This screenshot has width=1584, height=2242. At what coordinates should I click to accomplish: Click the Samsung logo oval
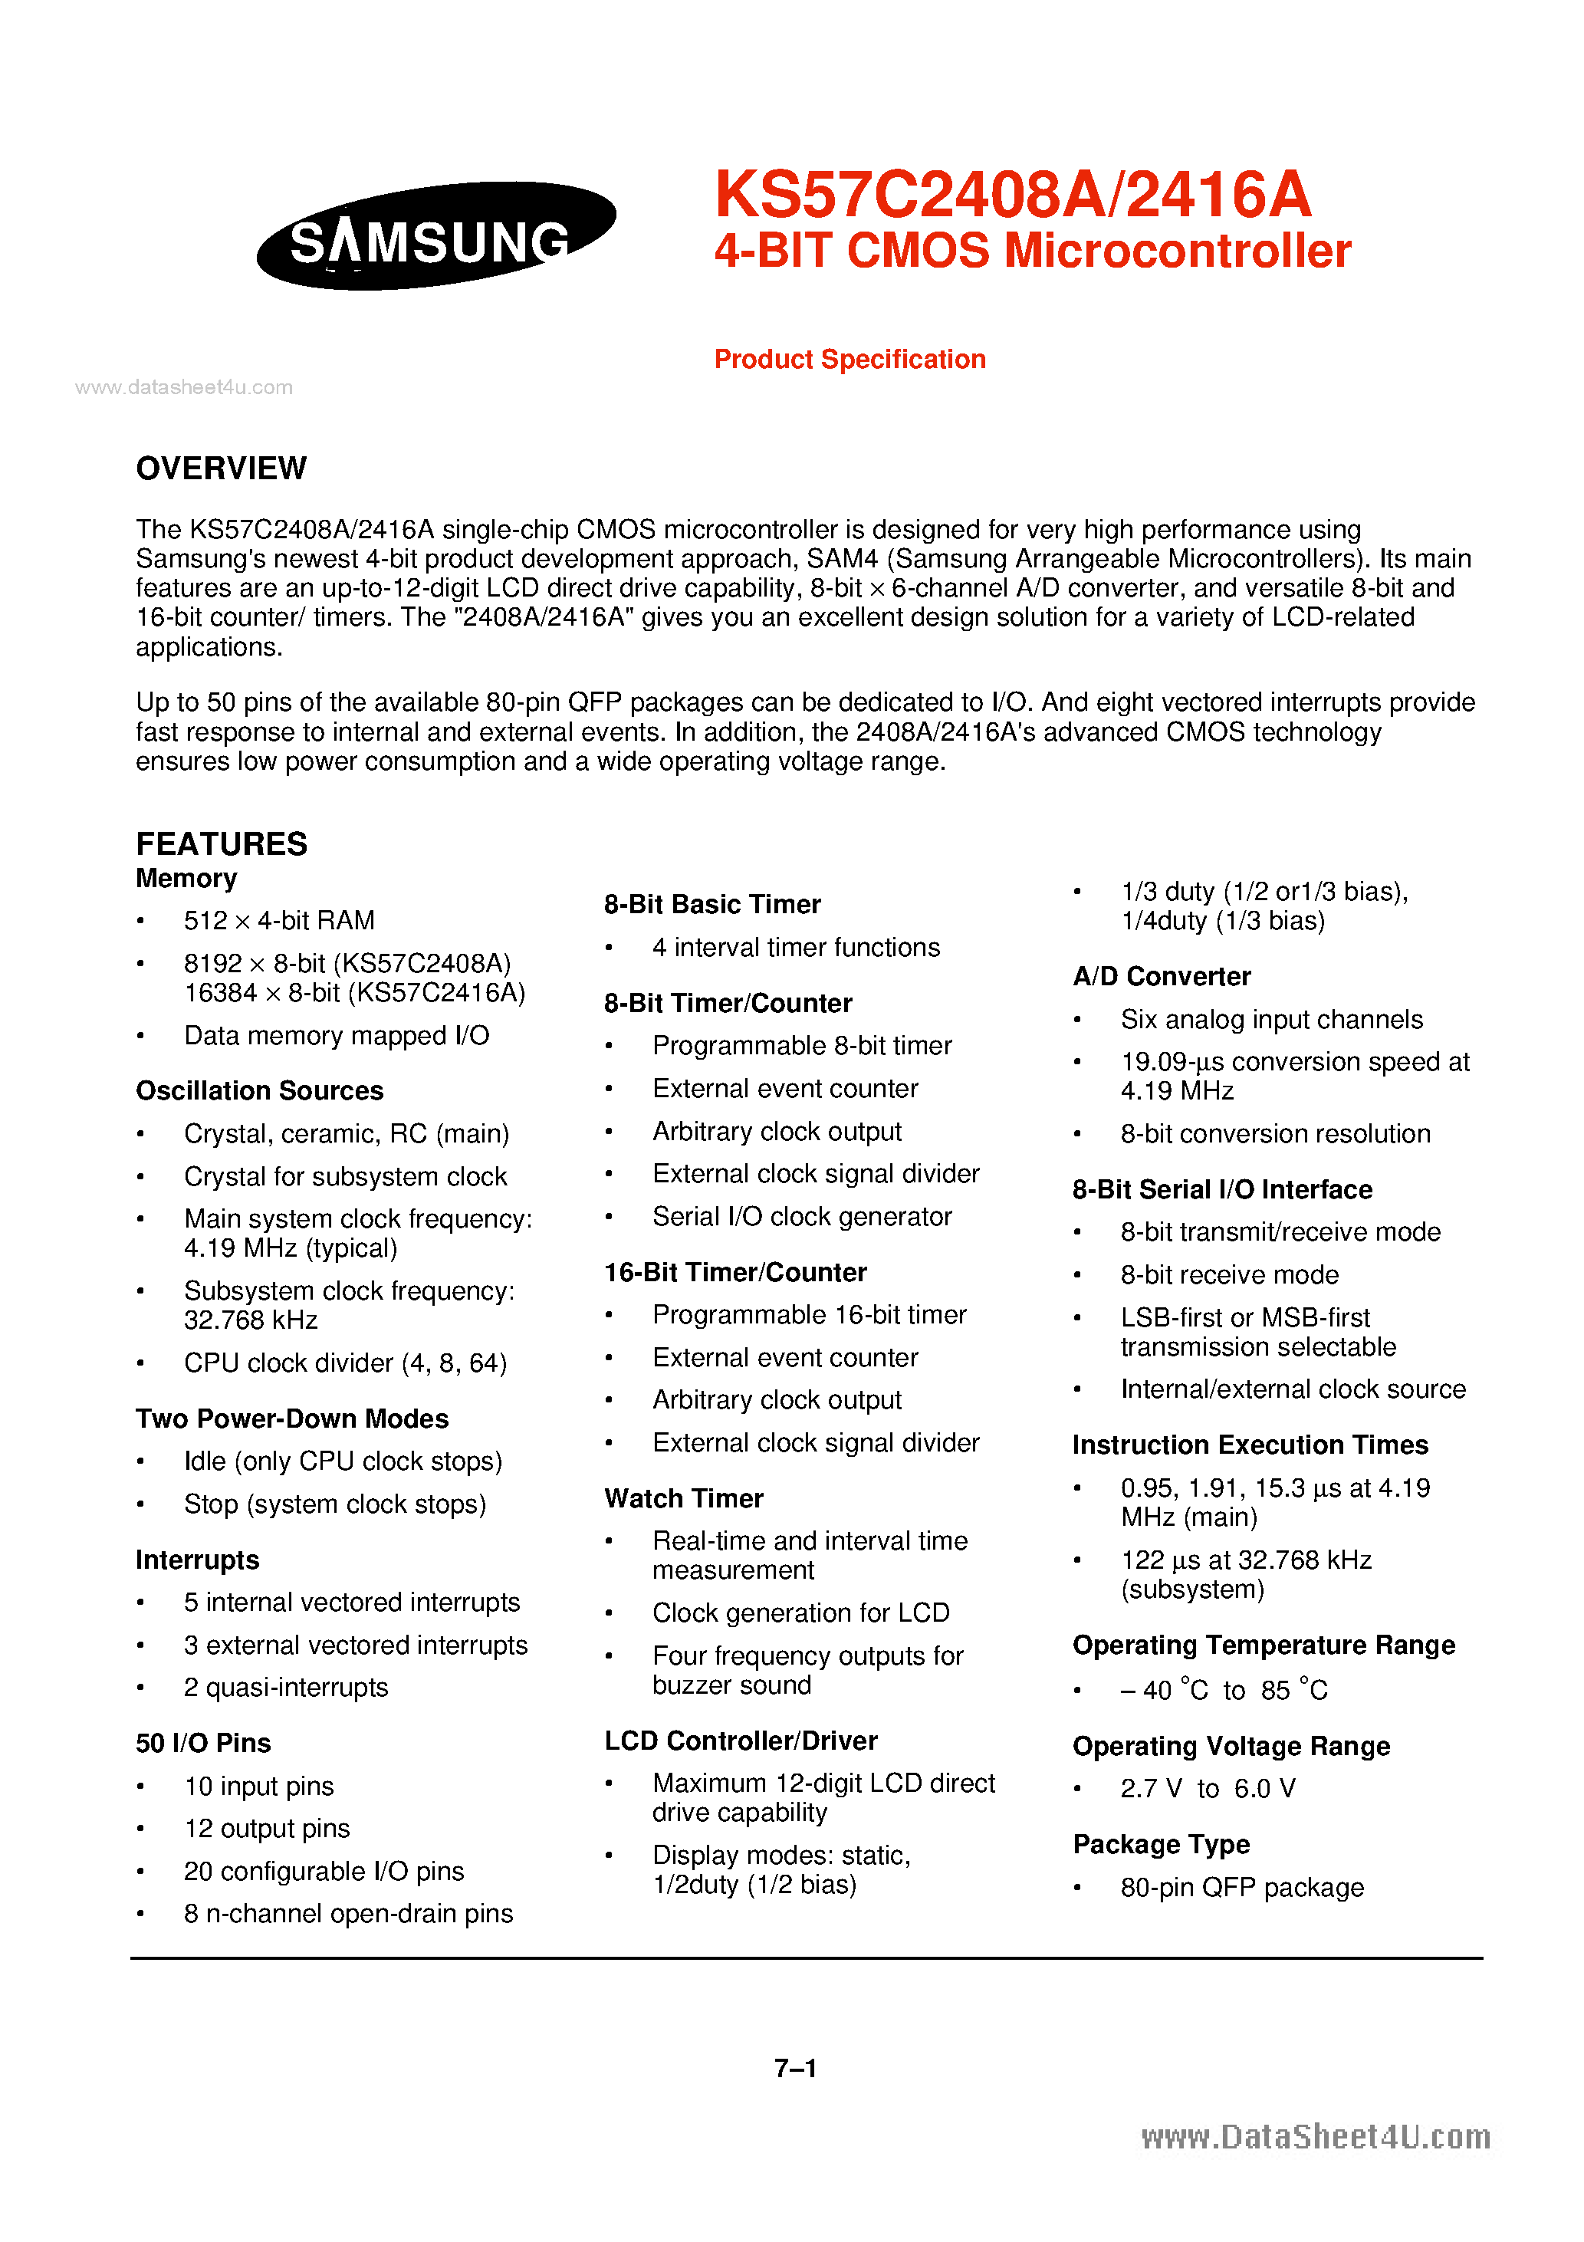click(435, 236)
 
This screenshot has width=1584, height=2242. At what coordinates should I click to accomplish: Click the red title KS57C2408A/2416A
click(1012, 194)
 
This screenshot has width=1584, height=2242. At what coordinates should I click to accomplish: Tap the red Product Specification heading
click(849, 360)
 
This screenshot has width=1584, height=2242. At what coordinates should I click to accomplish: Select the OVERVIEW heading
click(221, 468)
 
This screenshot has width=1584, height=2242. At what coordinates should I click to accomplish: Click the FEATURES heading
click(221, 843)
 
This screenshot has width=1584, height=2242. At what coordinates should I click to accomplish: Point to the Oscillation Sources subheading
click(259, 1091)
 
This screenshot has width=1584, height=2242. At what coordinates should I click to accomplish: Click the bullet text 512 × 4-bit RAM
click(278, 921)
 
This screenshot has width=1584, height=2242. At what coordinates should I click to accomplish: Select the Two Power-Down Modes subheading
click(291, 1419)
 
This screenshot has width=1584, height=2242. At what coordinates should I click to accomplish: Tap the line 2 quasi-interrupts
click(285, 1688)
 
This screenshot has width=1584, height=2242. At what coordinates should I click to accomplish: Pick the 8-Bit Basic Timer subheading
click(712, 904)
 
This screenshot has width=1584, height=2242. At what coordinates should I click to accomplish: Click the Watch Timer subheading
click(684, 1499)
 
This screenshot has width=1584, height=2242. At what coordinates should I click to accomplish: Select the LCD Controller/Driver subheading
click(740, 1741)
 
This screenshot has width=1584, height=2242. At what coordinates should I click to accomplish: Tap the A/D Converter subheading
click(1160, 977)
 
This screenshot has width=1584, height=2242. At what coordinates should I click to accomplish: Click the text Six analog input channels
click(1270, 1020)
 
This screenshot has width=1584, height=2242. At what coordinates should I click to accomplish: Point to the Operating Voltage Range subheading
click(1231, 1746)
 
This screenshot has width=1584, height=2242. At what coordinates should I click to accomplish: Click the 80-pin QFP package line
click(1241, 1888)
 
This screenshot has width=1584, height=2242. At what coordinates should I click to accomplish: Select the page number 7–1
click(795, 2067)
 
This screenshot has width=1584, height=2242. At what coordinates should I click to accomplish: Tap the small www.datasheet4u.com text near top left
click(183, 388)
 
